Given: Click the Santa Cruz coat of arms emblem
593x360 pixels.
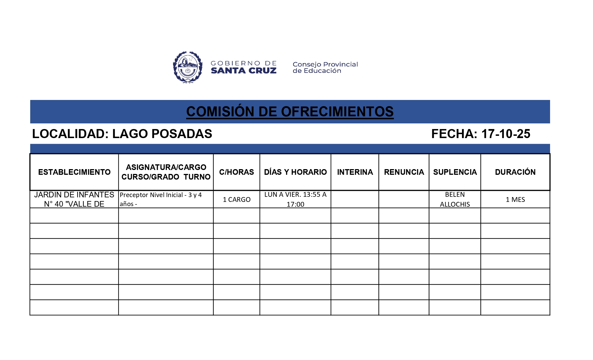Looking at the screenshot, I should click(x=188, y=67).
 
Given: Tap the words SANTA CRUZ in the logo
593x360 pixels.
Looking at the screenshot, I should click(x=243, y=71).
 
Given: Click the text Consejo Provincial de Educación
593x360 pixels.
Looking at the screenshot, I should click(x=325, y=67).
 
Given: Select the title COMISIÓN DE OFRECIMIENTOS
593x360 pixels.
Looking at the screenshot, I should click(x=290, y=112).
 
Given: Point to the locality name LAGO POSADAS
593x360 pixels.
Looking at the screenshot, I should click(x=162, y=134).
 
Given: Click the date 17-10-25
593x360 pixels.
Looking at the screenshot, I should click(x=505, y=134).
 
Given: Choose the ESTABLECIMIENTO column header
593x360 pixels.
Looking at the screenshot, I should click(x=74, y=172).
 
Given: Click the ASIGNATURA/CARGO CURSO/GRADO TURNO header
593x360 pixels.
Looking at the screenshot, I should click(x=166, y=172).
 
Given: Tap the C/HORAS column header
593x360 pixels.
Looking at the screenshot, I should click(x=236, y=172).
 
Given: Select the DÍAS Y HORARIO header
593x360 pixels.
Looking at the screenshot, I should click(x=295, y=172).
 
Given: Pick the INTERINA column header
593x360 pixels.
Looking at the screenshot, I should click(x=355, y=172).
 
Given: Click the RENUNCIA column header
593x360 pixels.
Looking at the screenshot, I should click(x=404, y=172).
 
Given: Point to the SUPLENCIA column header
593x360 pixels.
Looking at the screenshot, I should click(x=455, y=172).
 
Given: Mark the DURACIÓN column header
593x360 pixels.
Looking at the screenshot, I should click(x=515, y=172).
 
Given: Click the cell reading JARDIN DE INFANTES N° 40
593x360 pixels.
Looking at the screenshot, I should click(x=74, y=199).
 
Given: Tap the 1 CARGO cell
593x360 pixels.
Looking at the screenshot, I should click(x=237, y=200).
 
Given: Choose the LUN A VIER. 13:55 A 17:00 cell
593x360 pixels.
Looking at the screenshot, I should click(x=295, y=199).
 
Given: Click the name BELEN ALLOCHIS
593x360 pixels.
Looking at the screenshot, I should click(x=455, y=199).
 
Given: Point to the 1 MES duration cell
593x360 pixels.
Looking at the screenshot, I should click(x=515, y=200).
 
